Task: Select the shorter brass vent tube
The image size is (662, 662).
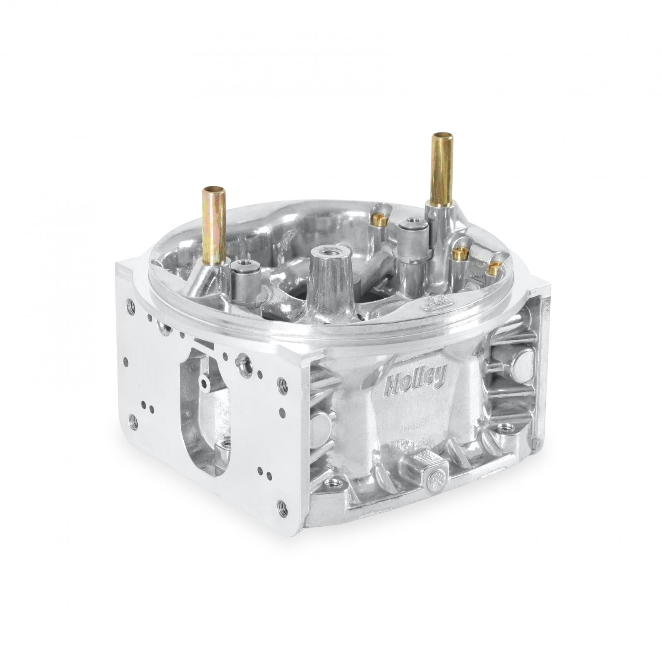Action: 213,225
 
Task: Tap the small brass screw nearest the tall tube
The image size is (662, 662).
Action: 459,253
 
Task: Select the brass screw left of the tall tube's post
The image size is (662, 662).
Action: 378,221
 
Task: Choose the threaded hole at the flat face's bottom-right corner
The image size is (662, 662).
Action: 283,508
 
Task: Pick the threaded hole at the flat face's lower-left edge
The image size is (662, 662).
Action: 133,422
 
